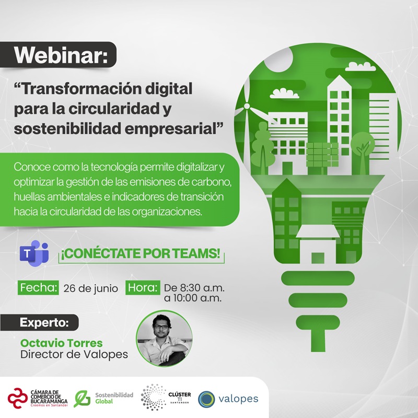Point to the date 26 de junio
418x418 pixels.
click(90, 288)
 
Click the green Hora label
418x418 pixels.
click(142, 287)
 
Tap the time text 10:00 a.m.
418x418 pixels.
click(193, 299)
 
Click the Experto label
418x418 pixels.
click(44, 321)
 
